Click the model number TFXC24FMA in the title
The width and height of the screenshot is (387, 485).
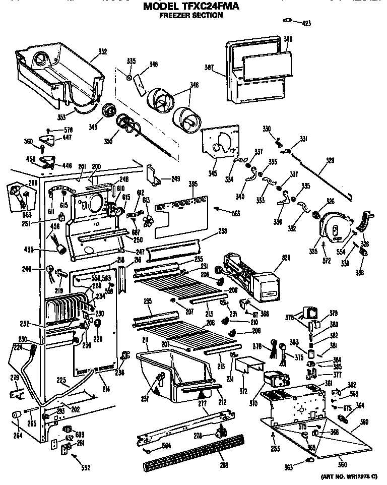click(x=211, y=7)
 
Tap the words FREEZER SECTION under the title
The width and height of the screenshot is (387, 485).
click(x=191, y=15)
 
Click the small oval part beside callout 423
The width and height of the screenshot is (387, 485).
click(x=288, y=21)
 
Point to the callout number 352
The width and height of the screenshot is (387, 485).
click(x=102, y=51)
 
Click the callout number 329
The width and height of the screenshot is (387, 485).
click(x=330, y=161)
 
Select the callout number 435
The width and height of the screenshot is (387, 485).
click(x=44, y=249)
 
